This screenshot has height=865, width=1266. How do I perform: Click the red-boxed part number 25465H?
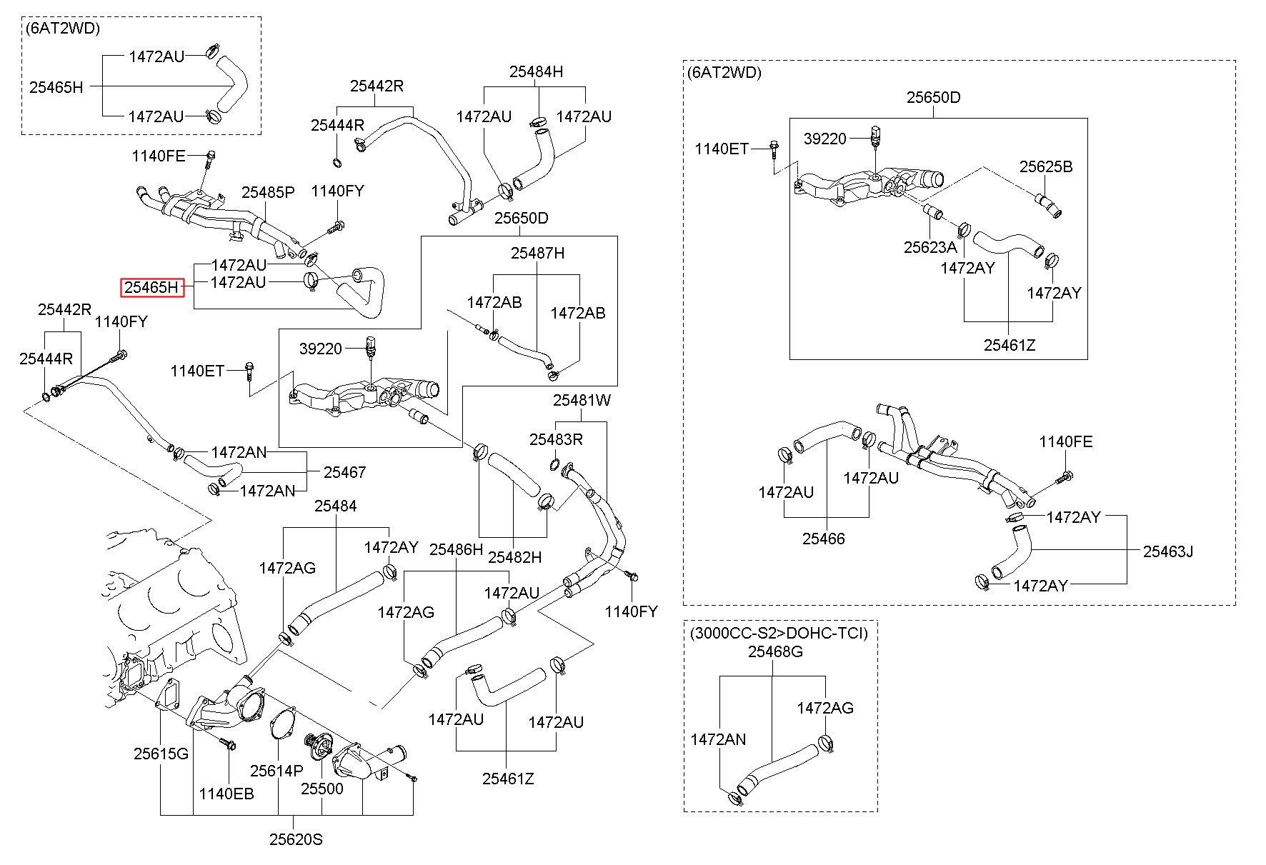point(151,287)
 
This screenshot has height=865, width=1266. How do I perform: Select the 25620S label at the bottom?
point(296,839)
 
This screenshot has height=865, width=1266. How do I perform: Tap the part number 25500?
point(322,789)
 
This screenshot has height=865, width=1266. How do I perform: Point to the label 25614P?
point(276,771)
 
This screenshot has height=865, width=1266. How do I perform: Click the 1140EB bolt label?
point(226,794)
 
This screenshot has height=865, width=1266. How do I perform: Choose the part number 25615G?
point(161,754)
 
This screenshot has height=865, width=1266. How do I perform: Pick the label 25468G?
point(775,651)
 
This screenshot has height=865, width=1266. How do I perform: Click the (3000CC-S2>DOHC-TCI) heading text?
point(779,633)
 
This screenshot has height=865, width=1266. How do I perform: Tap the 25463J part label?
point(1168,551)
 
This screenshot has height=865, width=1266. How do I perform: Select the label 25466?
point(823,539)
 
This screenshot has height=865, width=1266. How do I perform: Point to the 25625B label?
point(1046,166)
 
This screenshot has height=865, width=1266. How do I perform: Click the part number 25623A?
point(929,247)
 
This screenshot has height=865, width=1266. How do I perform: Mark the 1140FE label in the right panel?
point(1066,442)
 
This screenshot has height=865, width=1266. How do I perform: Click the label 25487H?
point(537,253)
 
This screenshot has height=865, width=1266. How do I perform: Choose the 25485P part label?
point(268,192)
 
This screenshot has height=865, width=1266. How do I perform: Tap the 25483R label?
point(556,439)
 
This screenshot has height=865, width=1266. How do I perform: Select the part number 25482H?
point(514,556)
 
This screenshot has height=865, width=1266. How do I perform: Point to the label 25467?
point(344,472)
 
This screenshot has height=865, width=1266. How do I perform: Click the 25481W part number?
point(582,401)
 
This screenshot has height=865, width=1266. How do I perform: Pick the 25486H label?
point(456,549)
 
